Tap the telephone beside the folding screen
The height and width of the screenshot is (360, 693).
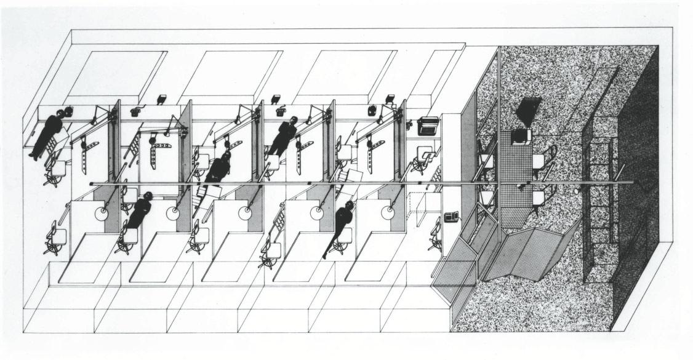[452, 217]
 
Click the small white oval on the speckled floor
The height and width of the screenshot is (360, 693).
[577, 192]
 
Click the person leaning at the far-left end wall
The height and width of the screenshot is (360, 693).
[47, 134]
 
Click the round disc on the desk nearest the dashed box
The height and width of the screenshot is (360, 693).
[387, 212]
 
